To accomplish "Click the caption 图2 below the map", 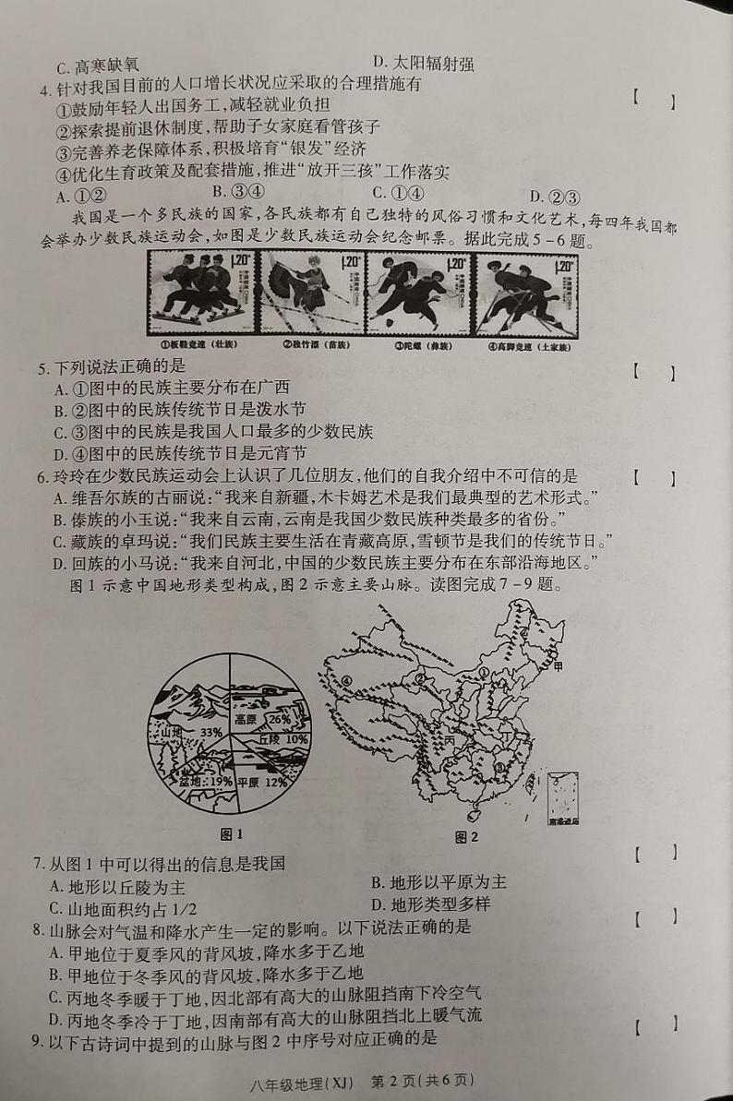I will (x=466, y=837).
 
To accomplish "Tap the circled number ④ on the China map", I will (x=347, y=680).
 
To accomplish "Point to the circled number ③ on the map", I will (x=499, y=766).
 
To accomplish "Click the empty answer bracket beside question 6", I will (x=654, y=479).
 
